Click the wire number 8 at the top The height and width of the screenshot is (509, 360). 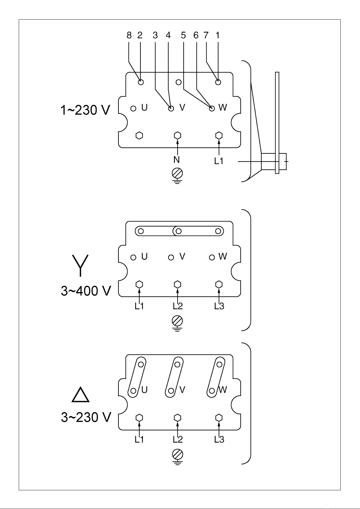pyautogui.click(x=129, y=35)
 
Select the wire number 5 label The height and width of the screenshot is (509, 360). pyautogui.click(x=183, y=35)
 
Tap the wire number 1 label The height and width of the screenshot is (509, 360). pyautogui.click(x=217, y=35)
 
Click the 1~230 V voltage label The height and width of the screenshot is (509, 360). pyautogui.click(x=85, y=110)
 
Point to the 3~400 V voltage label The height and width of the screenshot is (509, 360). pyautogui.click(x=86, y=291)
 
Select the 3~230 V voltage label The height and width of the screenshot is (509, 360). pyautogui.click(x=86, y=417)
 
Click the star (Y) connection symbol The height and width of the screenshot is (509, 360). pyautogui.click(x=80, y=266)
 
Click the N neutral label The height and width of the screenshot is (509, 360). pyautogui.click(x=176, y=160)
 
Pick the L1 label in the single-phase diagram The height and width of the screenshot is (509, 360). pyautogui.click(x=219, y=161)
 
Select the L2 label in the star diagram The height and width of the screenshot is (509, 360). pyautogui.click(x=178, y=306)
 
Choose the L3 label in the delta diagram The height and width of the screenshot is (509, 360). pyautogui.click(x=219, y=440)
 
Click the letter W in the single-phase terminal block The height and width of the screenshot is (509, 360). pyautogui.click(x=223, y=107)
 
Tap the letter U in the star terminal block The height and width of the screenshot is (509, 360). pyautogui.click(x=144, y=256)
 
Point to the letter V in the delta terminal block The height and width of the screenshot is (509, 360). pyautogui.click(x=182, y=390)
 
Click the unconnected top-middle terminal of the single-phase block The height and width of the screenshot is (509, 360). pyautogui.click(x=179, y=82)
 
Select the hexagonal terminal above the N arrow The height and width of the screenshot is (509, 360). pyautogui.click(x=177, y=135)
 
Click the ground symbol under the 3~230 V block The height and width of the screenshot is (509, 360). pyautogui.click(x=177, y=457)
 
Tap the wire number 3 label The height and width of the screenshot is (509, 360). pyautogui.click(x=155, y=35)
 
